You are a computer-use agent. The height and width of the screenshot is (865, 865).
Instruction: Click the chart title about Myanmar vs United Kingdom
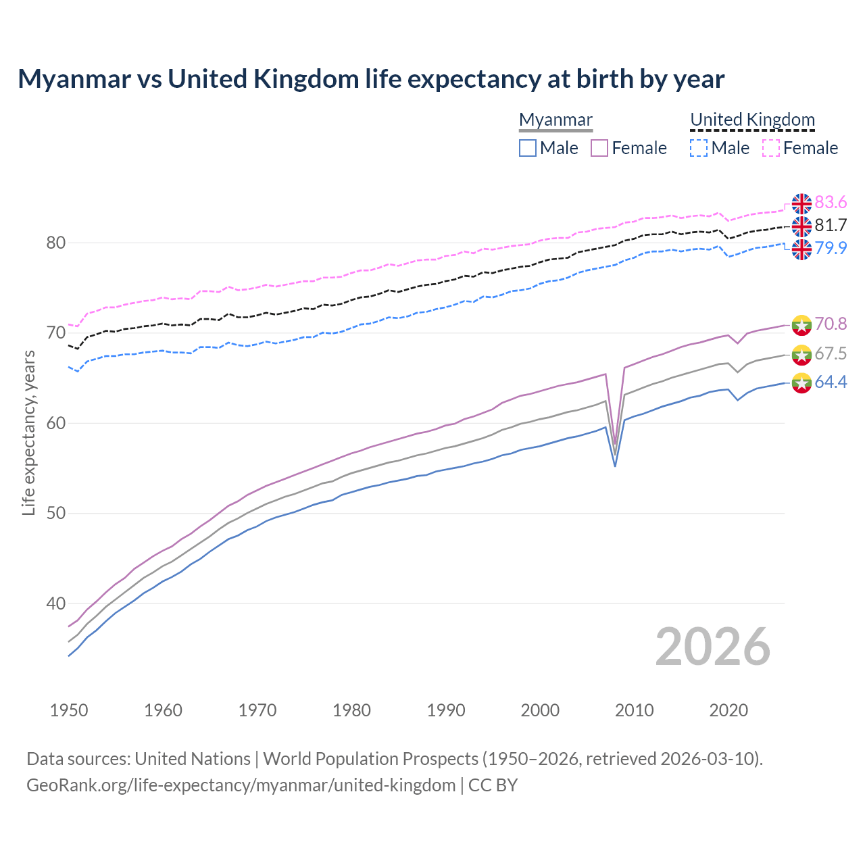coord(371,79)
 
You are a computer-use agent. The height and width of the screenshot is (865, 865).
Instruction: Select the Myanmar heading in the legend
coord(555,120)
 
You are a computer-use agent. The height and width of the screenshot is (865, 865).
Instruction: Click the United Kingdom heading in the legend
coord(752,120)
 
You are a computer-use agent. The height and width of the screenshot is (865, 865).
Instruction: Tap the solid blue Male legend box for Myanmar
coord(528,148)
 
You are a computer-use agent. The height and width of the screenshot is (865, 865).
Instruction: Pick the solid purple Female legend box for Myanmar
coord(599,148)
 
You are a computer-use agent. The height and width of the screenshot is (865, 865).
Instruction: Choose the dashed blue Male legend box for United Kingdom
coord(699,148)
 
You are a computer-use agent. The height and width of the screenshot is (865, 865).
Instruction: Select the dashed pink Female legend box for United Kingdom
coord(771,148)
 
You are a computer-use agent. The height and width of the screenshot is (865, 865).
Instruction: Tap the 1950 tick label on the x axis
coord(69,710)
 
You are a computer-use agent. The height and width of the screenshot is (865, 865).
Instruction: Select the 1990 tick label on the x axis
coord(446,710)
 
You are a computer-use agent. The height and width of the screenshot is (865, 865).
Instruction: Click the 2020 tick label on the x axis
coord(728,710)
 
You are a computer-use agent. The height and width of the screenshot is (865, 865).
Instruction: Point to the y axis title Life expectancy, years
coord(29,432)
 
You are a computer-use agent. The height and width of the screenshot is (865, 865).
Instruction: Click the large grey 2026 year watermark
coord(712,647)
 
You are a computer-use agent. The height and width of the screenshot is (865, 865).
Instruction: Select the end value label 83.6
coord(831,203)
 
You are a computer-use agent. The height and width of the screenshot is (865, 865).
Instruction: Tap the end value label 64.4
coord(831,382)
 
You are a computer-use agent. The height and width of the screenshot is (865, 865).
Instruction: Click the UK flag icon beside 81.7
coord(801,226)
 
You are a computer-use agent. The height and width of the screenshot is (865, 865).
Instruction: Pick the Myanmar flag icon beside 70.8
coord(801,324)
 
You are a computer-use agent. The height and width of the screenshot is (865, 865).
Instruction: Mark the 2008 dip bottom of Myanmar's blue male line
coord(615,466)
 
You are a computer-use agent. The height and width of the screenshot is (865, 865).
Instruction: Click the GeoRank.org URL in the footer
coord(241,785)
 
